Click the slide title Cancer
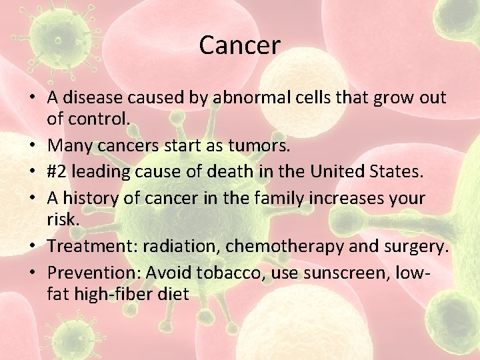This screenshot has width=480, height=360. [x=239, y=45]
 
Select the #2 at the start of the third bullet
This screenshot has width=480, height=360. [x=57, y=171]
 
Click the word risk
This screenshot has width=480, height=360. [x=63, y=219]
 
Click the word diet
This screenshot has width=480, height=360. [x=173, y=293]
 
